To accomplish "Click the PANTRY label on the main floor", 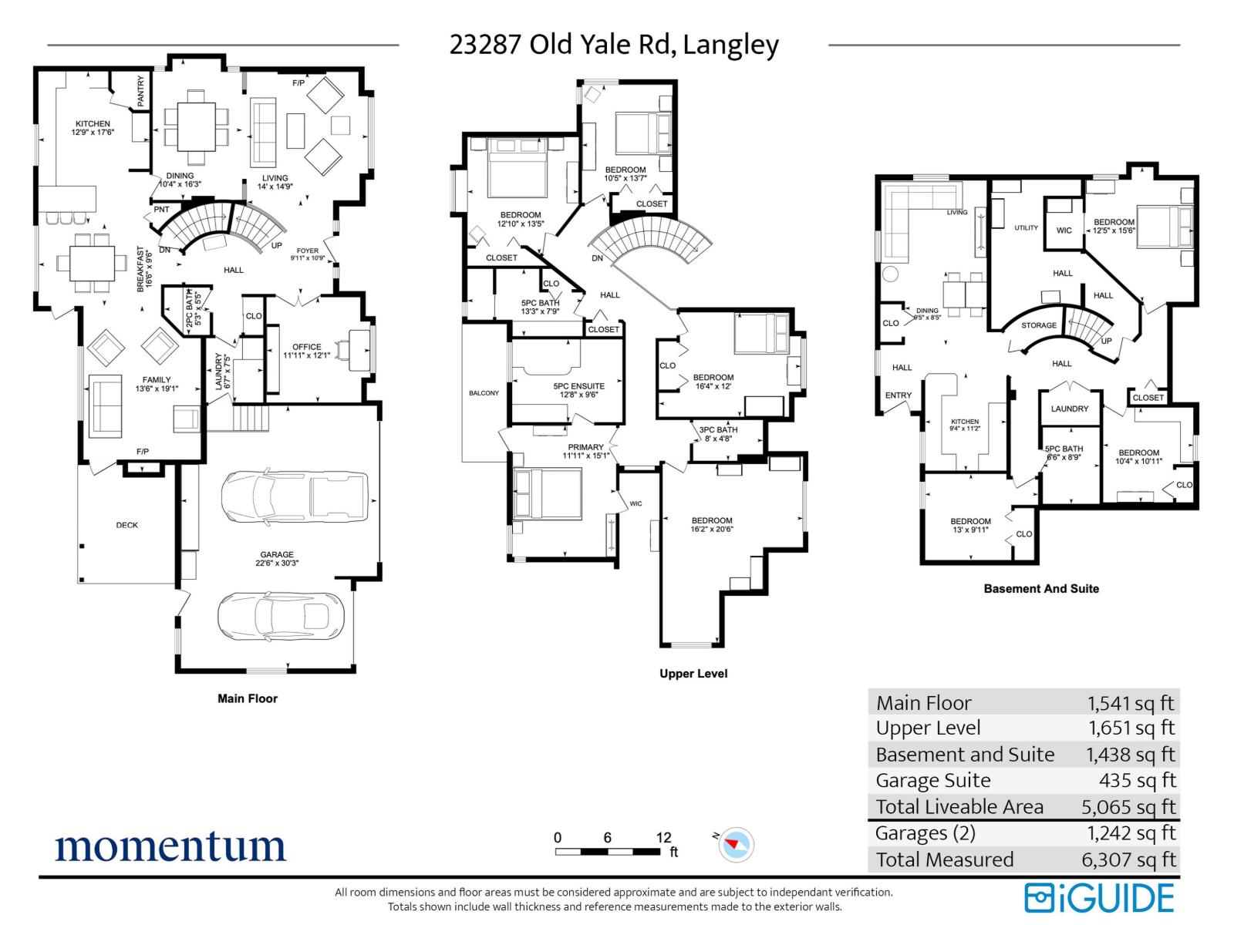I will coord(141,90).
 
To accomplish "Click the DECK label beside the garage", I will coord(127,525).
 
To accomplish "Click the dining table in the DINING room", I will coord(197,126).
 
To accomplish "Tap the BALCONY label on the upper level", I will coord(484,393).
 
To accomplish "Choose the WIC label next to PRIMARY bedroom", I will coord(636,503).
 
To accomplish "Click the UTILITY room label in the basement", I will coord(1026,228).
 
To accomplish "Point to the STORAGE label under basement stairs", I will coord(1039,325).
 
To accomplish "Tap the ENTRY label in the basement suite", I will coord(899,395).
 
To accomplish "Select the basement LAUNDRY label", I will coord(1070,409).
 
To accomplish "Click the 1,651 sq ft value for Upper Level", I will coord(1131,728).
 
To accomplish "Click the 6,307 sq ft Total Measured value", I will coord(1129,859).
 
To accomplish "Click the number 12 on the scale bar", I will coord(663,838).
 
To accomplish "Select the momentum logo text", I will coord(170,846).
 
